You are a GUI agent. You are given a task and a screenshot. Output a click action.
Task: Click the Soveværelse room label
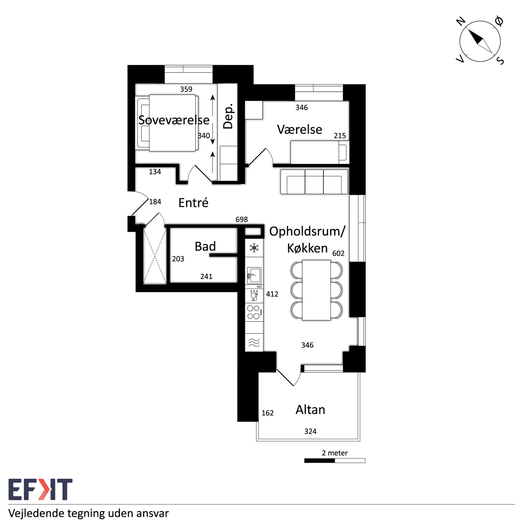[174, 120]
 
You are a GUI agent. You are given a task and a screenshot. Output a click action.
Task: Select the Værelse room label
[299, 130]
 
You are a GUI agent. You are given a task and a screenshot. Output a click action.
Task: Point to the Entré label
[194, 203]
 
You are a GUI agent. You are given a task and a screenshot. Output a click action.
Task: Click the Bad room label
[205, 246]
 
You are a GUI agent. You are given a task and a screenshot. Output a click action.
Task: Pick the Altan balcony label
[310, 409]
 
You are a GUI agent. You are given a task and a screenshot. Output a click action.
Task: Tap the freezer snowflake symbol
[254, 248]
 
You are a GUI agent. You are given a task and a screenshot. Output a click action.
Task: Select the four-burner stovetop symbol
[254, 312]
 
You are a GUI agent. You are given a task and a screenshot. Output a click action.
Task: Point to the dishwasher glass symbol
[254, 295]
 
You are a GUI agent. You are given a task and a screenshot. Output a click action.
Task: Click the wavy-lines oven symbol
[254, 343]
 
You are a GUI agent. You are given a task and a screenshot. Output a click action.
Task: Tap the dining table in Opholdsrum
[316, 290]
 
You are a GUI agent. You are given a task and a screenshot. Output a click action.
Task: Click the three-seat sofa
[314, 182]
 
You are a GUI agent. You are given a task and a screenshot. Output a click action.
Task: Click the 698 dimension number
[242, 219]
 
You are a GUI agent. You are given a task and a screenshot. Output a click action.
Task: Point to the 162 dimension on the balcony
[267, 413]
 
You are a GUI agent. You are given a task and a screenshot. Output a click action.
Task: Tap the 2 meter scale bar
[335, 461]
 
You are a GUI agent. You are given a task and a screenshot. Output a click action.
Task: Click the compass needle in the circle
[480, 41]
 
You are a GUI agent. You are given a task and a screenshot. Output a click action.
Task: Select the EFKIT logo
[40, 489]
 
